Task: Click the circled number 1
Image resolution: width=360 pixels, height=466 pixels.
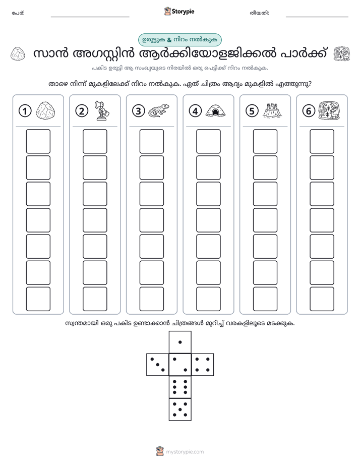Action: (x=25, y=111)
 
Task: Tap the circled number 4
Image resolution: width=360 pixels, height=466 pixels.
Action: (x=195, y=111)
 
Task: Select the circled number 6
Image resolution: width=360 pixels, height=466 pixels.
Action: (x=309, y=111)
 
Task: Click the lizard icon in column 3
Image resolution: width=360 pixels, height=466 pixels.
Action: (x=159, y=110)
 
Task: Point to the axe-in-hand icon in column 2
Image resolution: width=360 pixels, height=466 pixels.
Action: (x=102, y=110)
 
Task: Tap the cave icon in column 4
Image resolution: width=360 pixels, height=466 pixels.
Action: (x=215, y=110)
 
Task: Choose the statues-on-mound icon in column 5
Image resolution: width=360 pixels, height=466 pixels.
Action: (x=272, y=110)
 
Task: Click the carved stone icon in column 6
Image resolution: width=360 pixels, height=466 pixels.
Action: (x=329, y=110)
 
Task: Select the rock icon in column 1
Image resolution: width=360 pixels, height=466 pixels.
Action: (x=45, y=110)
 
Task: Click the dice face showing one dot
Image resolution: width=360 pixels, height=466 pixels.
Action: (x=180, y=342)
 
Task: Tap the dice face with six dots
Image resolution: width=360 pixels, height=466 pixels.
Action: (x=180, y=387)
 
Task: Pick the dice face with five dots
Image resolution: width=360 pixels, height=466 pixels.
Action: (x=180, y=409)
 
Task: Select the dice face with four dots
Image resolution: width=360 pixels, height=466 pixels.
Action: (x=203, y=365)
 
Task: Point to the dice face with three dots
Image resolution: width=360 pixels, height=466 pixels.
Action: (x=158, y=365)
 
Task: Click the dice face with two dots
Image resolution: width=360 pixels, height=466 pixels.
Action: (x=180, y=365)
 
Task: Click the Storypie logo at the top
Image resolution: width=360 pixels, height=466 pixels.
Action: (x=179, y=12)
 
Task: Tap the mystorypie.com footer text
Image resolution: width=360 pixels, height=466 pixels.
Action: (x=185, y=452)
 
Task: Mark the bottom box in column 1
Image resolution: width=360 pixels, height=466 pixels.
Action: (x=38, y=299)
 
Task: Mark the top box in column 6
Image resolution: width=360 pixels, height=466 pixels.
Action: (x=322, y=141)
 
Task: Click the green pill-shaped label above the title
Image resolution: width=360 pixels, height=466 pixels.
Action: (x=180, y=40)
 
